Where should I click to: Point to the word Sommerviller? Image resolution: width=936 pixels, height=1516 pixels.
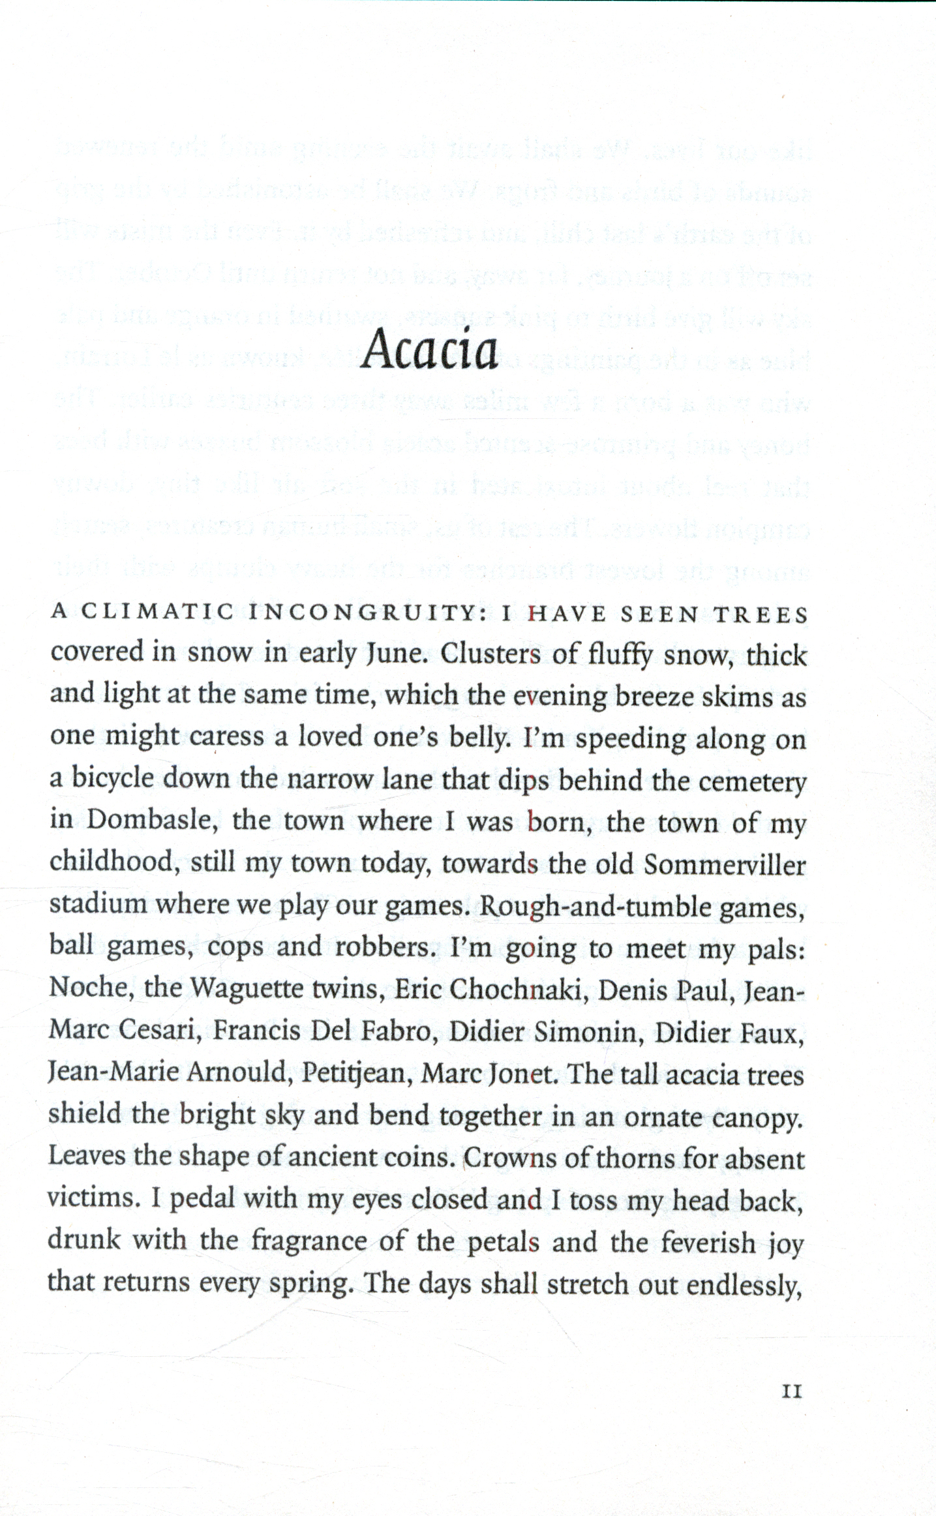pos(725,864)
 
